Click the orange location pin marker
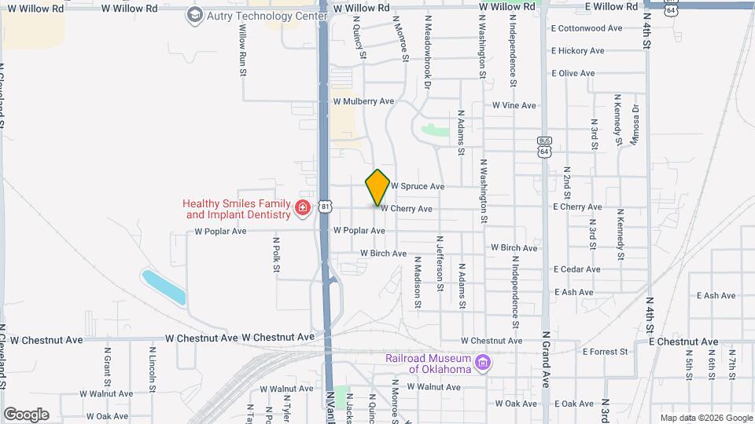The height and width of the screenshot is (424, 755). pos(377,188)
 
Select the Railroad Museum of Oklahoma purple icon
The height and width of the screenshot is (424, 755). pos(484,363)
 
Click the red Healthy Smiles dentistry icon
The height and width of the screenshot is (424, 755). pos(303,208)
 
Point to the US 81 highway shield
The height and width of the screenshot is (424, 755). pos(326,207)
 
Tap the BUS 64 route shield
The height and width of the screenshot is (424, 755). pos(544,145)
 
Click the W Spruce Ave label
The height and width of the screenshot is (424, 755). pos(418,187)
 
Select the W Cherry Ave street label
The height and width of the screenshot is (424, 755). pos(407,209)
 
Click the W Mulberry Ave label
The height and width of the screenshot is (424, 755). pos(363,101)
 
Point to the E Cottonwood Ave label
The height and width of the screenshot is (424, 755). pos(586,28)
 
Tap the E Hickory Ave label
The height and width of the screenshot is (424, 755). pos(578,51)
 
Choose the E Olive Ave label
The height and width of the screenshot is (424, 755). pos(573,73)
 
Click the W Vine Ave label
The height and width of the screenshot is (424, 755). pos(514,105)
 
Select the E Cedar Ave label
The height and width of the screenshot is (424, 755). pos(576,269)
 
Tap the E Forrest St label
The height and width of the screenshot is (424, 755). pos(602,352)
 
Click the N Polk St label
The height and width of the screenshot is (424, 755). pos(276,255)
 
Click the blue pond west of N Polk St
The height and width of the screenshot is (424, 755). pos(164,287)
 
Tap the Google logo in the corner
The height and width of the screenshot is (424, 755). pos(26,415)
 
